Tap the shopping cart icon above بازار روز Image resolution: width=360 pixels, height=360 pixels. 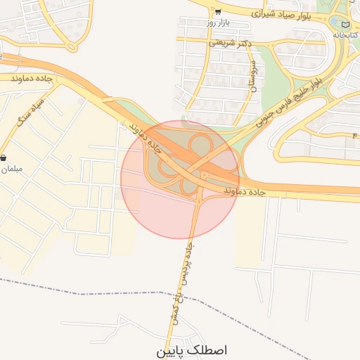click(218, 11)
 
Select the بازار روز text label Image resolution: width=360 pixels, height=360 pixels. click(218, 23)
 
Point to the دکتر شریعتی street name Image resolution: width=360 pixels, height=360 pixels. click(231, 43)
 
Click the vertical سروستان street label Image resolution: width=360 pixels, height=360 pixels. click(252, 77)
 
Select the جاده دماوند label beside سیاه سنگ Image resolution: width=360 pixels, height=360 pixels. click(32, 79)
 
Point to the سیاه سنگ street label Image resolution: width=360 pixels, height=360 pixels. click(32, 112)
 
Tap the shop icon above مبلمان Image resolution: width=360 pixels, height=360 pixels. click(4, 157)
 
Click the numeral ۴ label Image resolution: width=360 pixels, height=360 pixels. click(355, 134)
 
